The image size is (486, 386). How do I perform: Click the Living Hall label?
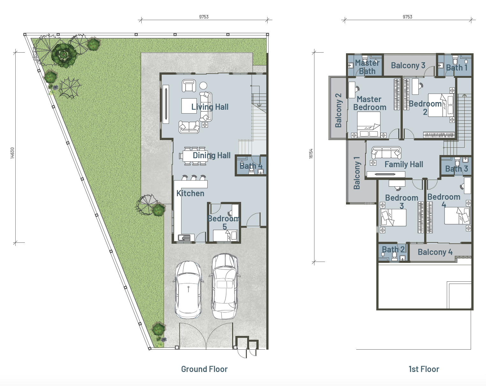coord(210,107)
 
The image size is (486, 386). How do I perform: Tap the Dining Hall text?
coord(212,155)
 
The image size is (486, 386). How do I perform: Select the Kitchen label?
coord(190,193)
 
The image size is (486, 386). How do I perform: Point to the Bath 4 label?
coord(251,166)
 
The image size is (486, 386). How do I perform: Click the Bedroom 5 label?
coord(223,223)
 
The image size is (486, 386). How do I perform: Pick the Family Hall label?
coord(404,164)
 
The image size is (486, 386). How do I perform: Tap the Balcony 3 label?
coord(408,65)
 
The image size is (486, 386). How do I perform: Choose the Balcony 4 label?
coord(435,252)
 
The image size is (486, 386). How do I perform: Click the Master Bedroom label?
coord(370,103)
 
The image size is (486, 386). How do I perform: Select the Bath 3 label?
coord(456,168)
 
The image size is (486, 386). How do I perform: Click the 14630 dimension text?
coord(12,153)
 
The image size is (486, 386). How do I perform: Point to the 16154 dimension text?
coord(311,154)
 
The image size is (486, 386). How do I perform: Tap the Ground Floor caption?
coord(204,369)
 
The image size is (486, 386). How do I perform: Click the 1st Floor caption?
coord(424,369)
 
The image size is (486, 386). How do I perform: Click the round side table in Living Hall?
coord(203,85)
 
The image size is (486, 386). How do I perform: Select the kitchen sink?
coord(184,238)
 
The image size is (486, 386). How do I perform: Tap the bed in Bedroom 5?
coord(225,235)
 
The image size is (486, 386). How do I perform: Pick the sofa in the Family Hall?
coord(386,153)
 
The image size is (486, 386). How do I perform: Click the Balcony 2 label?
coord(338,110)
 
